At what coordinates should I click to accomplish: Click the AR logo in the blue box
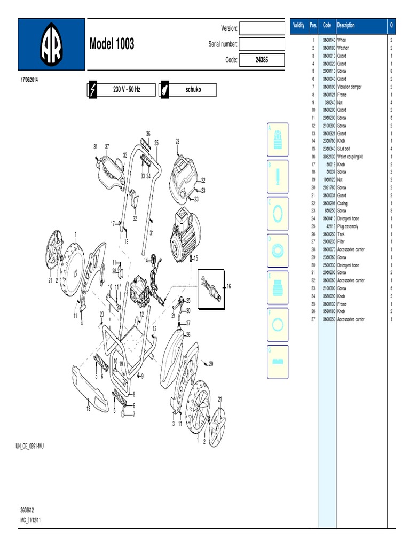[51, 46]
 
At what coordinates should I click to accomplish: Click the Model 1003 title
[112, 44]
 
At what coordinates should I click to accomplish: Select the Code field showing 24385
[262, 60]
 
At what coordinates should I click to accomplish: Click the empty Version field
[262, 28]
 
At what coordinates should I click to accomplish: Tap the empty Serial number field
[262, 44]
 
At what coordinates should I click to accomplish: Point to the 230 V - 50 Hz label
[127, 89]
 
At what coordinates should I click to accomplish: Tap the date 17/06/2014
[29, 80]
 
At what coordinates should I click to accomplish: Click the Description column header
[346, 26]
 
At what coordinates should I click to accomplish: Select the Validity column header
[298, 26]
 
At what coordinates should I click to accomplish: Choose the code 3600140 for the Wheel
[328, 40]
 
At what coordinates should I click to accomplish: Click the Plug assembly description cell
[348, 226]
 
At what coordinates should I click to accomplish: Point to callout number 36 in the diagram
[148, 133]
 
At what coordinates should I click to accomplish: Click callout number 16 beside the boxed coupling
[228, 287]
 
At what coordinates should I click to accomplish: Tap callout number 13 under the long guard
[89, 408]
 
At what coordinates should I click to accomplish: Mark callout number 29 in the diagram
[211, 364]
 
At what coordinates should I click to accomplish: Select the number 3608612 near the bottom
[27, 510]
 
